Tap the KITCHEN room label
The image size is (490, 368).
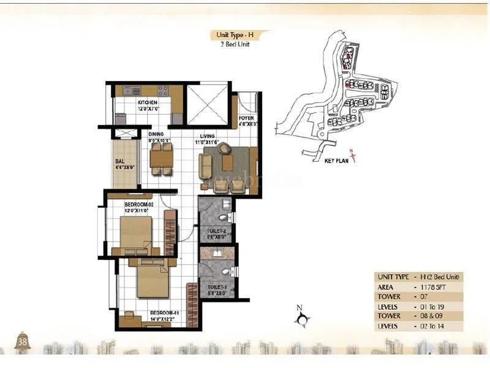coord(148,102)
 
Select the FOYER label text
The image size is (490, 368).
coord(246,118)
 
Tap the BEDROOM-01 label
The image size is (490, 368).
coord(163,313)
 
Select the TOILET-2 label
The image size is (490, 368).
coord(216,231)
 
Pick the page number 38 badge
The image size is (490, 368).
coord(23,341)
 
